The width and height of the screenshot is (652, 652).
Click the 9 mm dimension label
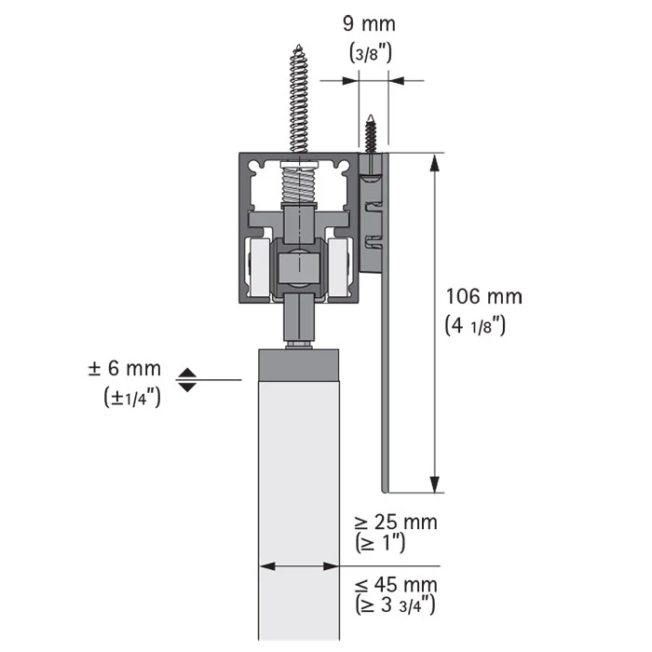tap(369, 23)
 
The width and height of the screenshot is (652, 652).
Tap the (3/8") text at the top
tap(371, 53)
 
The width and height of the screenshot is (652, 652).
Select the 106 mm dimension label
tap(484, 297)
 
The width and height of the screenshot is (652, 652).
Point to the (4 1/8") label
tap(475, 326)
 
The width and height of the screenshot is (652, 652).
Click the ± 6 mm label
tap(124, 369)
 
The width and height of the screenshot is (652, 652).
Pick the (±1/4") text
tap(132, 397)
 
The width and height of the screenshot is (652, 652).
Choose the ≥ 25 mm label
tap(396, 523)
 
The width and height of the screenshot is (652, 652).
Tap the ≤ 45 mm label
tap(396, 586)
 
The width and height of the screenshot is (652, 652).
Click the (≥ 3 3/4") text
tap(395, 605)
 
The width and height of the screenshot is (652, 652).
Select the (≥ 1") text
tap(380, 543)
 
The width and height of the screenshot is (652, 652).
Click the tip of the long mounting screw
tap(299, 45)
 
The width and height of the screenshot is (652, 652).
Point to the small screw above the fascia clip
tap(371, 133)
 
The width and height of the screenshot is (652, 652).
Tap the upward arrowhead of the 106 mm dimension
tap(435, 162)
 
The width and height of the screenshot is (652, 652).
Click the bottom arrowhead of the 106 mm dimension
tap(435, 484)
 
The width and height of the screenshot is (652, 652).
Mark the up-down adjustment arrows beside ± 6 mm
tap(186, 380)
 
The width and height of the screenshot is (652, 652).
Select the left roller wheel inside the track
tap(258, 267)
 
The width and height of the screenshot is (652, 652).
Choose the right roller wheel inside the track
tap(339, 267)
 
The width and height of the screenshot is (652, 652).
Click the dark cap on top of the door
tap(299, 365)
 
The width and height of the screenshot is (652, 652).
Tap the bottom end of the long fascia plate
tap(385, 492)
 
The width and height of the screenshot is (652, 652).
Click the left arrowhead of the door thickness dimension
tap(267, 566)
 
